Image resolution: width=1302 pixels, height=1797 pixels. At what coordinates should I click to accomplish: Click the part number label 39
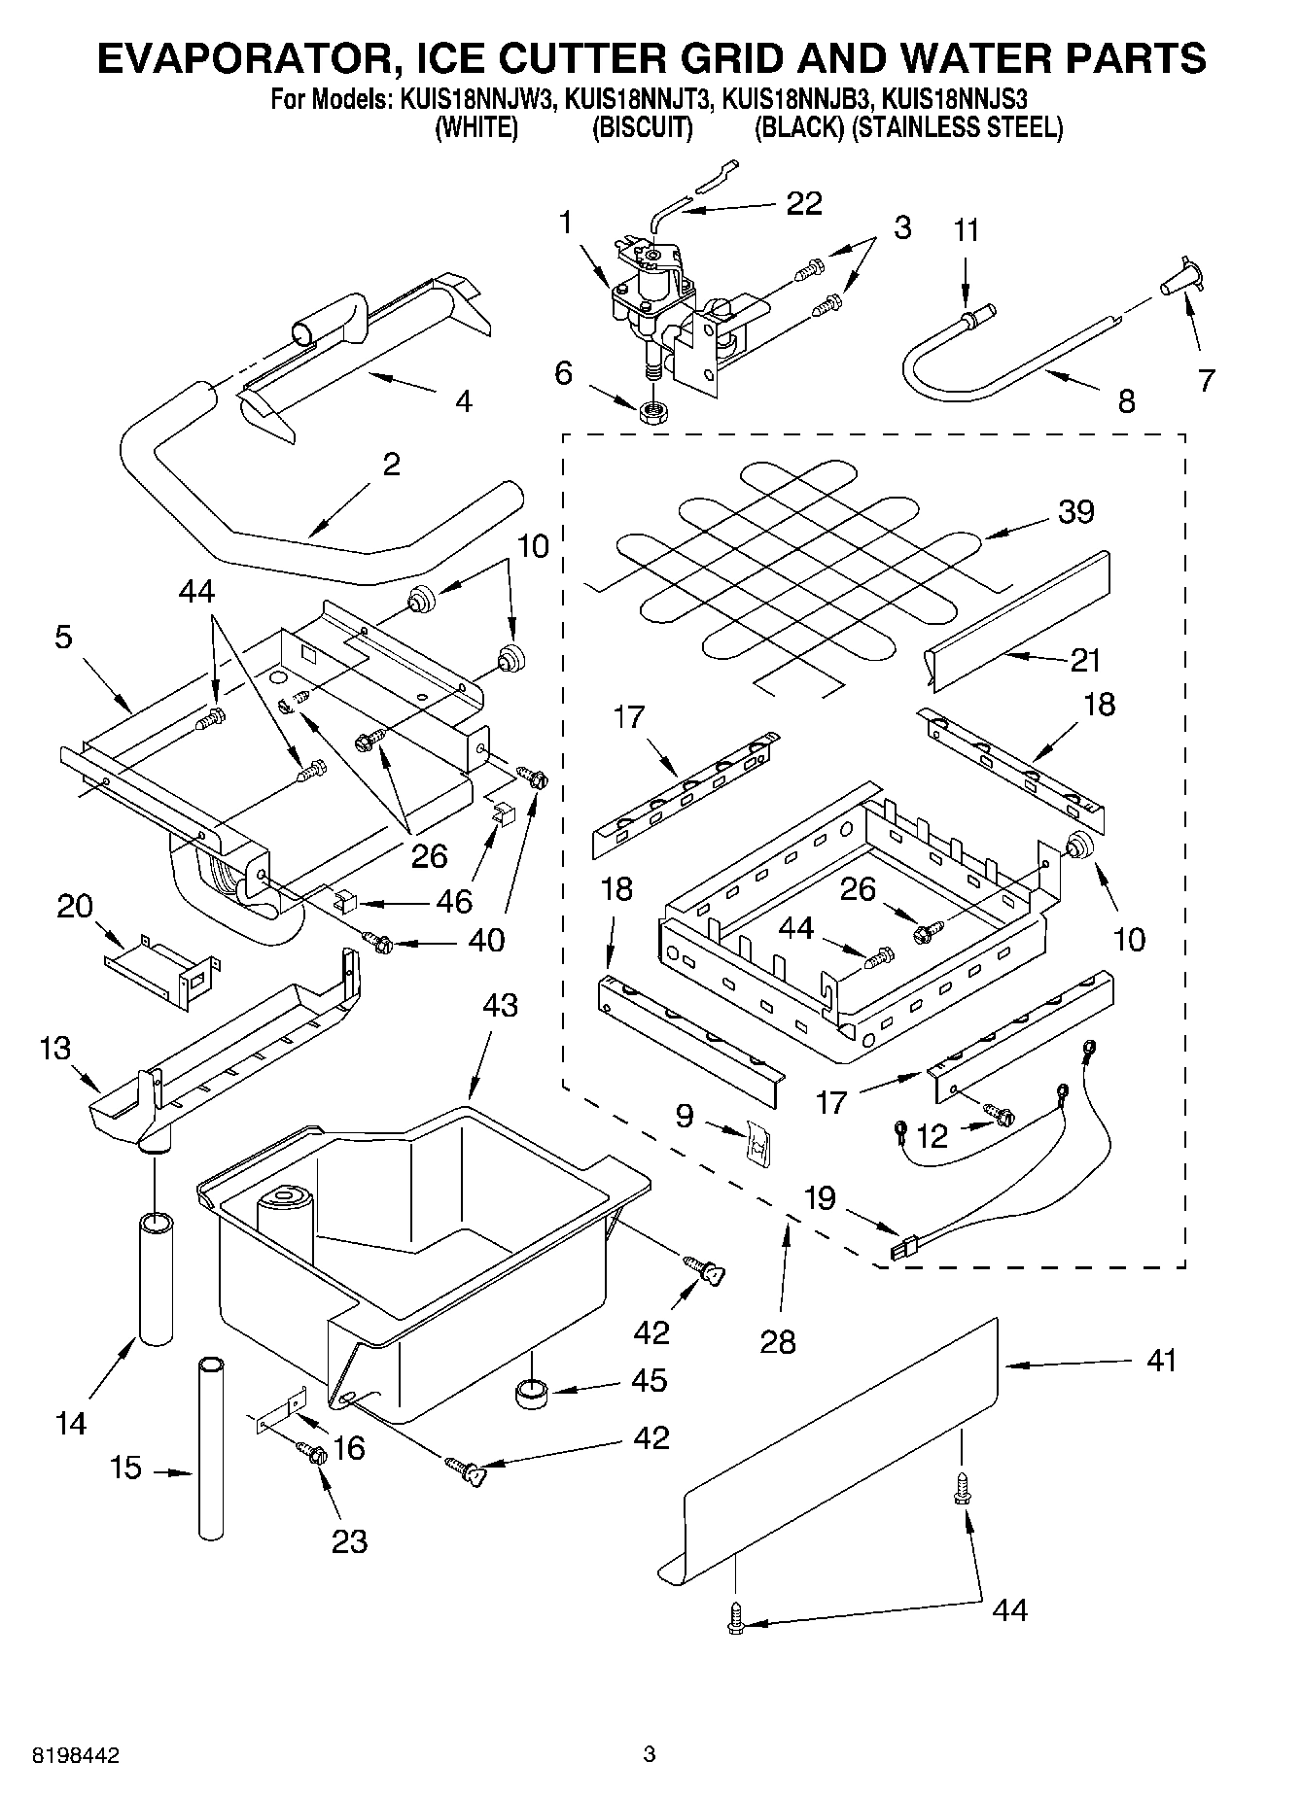pos(1075,511)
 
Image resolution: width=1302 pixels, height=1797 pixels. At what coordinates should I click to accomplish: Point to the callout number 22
pos(803,203)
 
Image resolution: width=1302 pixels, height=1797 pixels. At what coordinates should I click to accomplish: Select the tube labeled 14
pos(156,1278)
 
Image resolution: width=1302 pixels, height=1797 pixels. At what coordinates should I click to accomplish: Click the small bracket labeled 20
pos(163,964)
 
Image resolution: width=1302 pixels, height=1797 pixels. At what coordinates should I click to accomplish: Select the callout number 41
pos(1160,1361)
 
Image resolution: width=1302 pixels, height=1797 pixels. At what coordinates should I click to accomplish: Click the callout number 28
pos(778,1342)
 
